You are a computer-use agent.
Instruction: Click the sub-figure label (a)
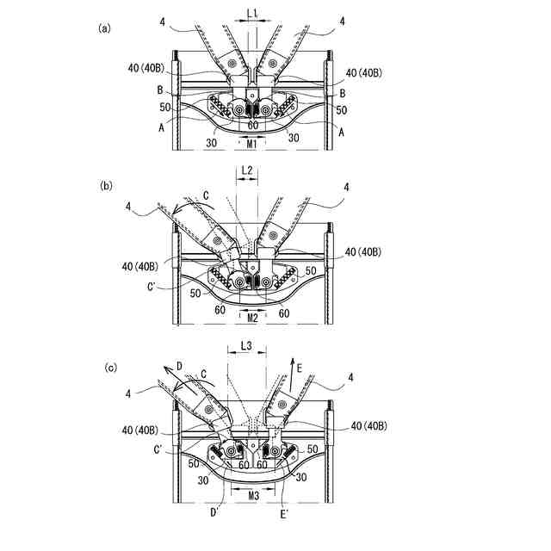click(x=106, y=28)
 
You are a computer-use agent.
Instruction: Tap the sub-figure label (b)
click(x=106, y=186)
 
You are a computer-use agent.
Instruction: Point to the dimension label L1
click(x=251, y=15)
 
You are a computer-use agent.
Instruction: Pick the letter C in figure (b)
click(x=205, y=195)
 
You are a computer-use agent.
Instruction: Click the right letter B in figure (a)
click(x=343, y=93)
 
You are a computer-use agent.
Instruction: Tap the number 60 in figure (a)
click(x=252, y=126)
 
